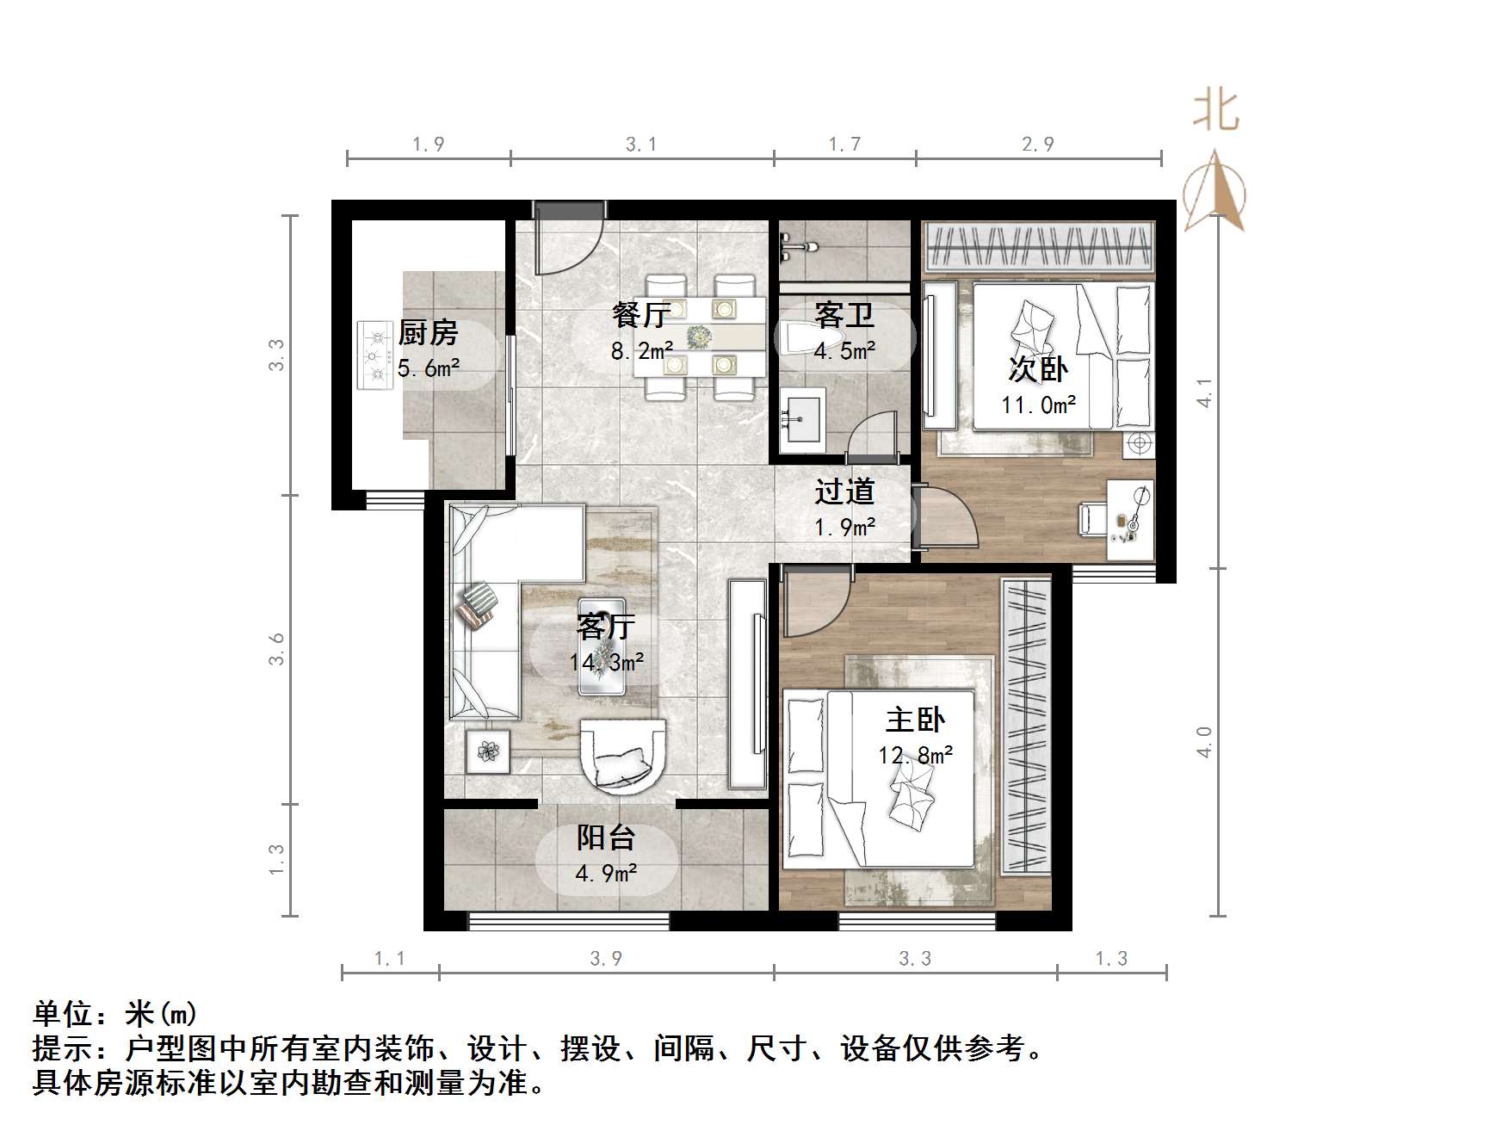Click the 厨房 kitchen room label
click(x=428, y=332)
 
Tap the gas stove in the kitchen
click(x=375, y=355)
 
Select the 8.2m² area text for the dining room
click(x=641, y=350)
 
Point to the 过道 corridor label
click(x=844, y=491)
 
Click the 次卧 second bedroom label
click(x=1038, y=369)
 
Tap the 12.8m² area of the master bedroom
click(x=915, y=755)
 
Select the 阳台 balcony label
click(x=606, y=837)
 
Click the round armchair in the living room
click(x=622, y=754)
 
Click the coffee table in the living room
click(x=602, y=646)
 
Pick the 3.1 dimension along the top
click(x=641, y=145)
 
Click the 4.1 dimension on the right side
click(x=1205, y=392)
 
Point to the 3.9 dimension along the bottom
click(x=606, y=958)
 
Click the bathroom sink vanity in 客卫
click(x=803, y=419)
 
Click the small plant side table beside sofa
click(x=489, y=751)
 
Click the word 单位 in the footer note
click(x=64, y=1013)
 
